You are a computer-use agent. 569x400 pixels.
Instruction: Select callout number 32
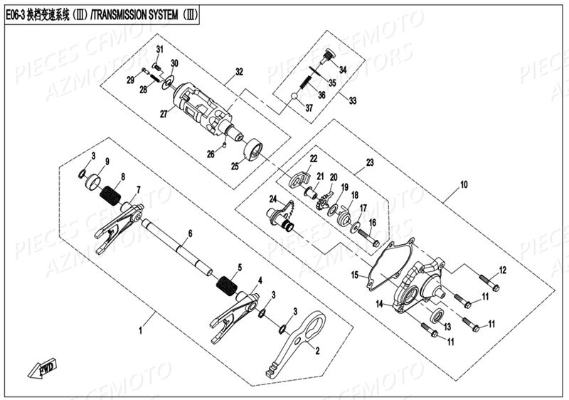click(239, 72)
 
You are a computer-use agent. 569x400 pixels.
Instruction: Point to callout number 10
click(464, 184)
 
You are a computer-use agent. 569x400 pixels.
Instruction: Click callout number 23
click(369, 163)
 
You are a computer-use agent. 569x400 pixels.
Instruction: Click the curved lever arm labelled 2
click(299, 342)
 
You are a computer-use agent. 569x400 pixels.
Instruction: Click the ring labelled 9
click(92, 183)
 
